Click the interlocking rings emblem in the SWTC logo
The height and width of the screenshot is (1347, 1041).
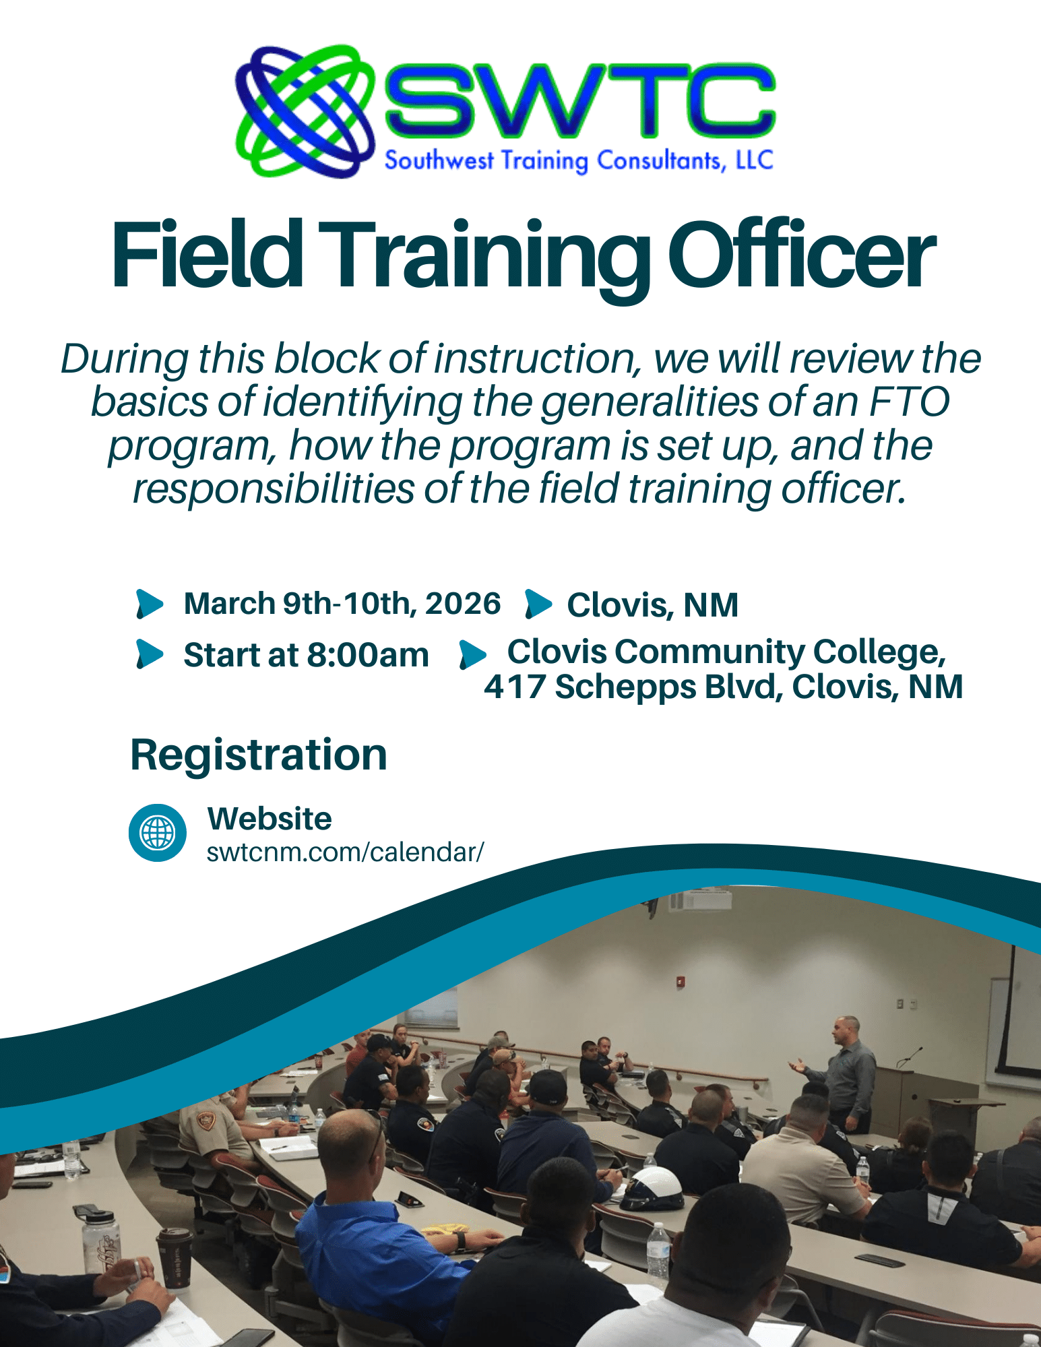click(x=305, y=111)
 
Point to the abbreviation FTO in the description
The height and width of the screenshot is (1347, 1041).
click(x=909, y=402)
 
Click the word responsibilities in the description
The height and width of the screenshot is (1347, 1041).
click(x=273, y=489)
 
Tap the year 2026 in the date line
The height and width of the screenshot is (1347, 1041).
click(x=463, y=603)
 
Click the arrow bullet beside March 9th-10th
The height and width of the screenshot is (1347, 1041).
click(x=150, y=604)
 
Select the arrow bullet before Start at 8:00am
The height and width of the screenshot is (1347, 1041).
click(x=150, y=654)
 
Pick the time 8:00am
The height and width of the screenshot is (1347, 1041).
click(x=368, y=655)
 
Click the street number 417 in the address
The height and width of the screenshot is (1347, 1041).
click(x=515, y=687)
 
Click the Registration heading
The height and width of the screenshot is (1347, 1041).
click(x=259, y=755)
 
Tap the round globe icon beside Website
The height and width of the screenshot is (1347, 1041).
click(x=158, y=833)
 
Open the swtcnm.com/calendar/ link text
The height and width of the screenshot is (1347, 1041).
click(x=345, y=852)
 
